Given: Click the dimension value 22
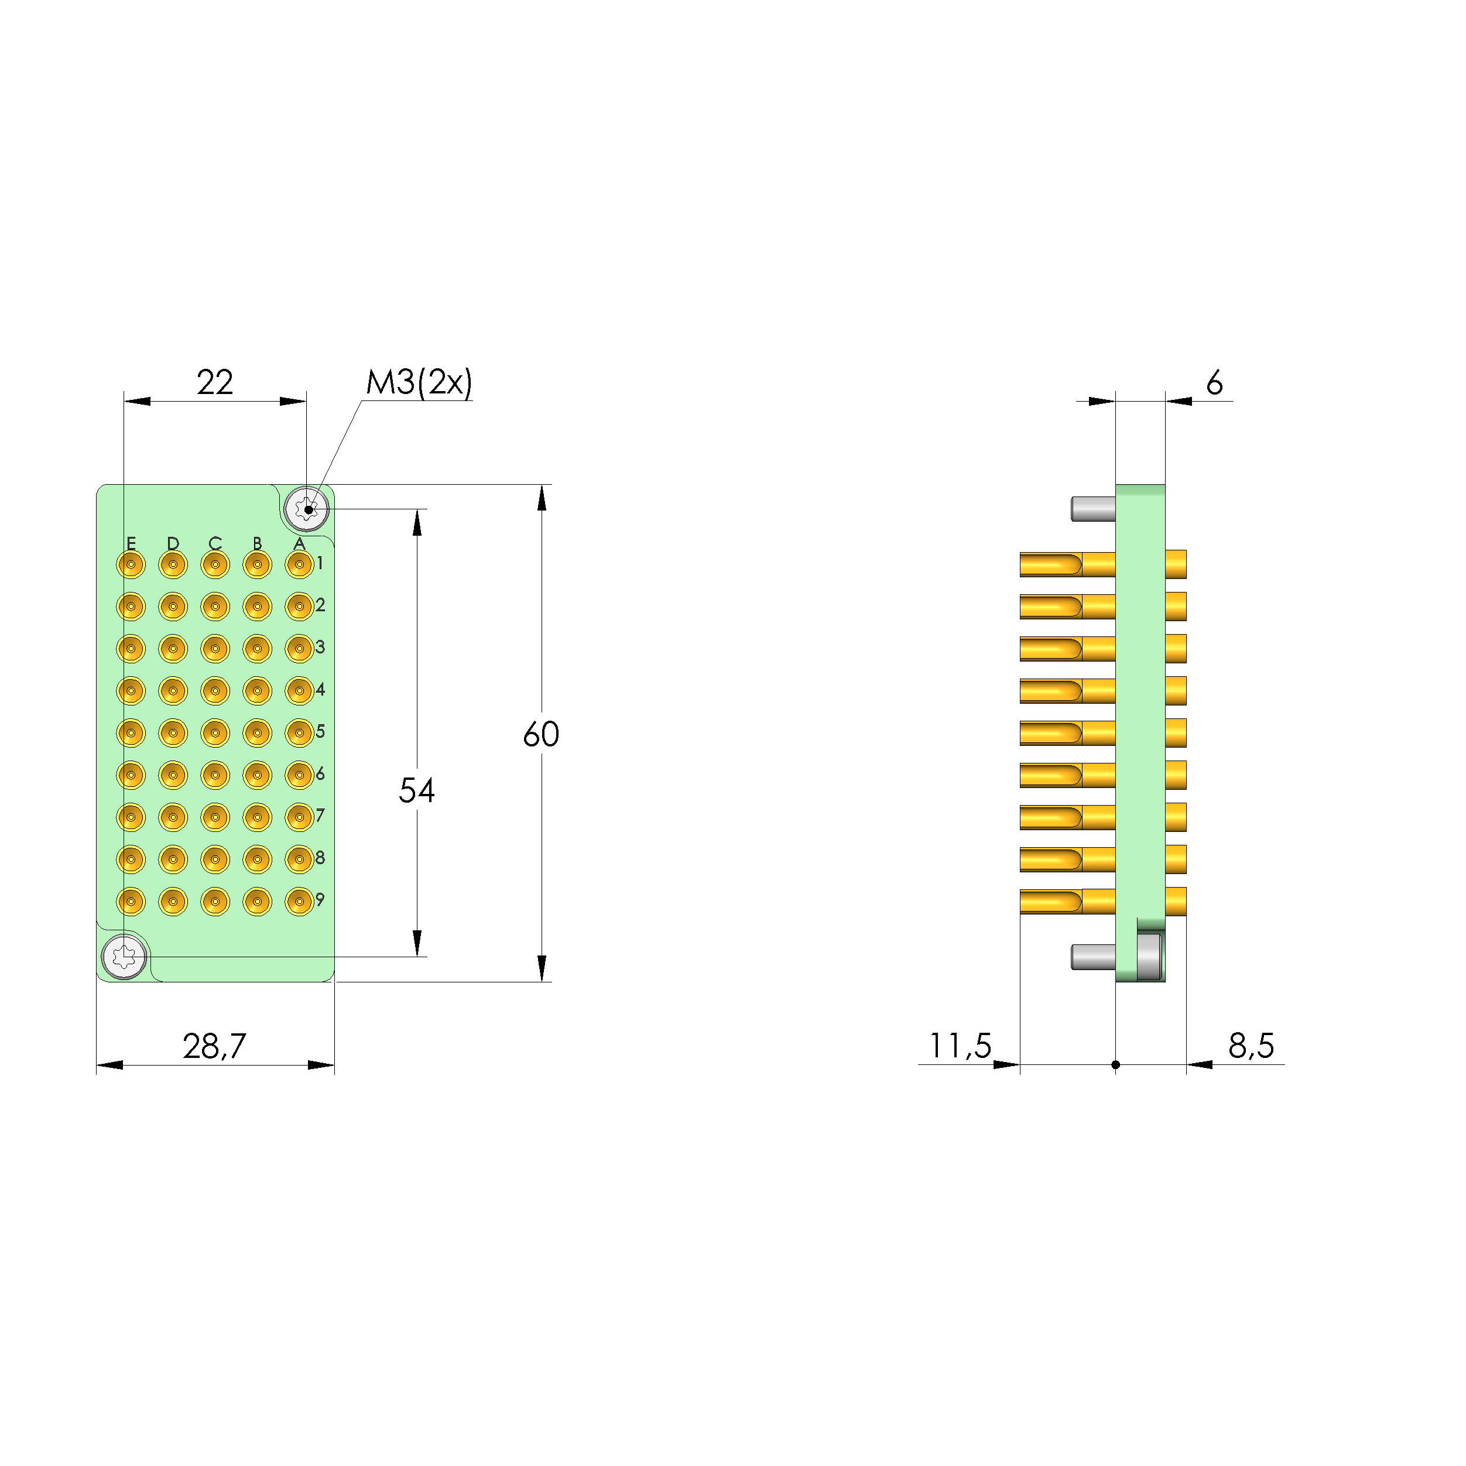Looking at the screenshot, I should (215, 382).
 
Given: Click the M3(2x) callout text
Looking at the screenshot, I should (419, 382).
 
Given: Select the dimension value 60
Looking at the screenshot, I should (540, 735).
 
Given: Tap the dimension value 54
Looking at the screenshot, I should (417, 791).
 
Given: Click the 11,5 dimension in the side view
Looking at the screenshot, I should (960, 1046).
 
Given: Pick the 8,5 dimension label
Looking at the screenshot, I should (1251, 1046).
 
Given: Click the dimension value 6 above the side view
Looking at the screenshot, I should (1214, 383).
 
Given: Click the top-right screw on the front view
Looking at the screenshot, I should (307, 508).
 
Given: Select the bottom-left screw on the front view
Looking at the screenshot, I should (124, 957).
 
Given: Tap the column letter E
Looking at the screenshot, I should (131, 543).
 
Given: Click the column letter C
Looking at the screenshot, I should (215, 543).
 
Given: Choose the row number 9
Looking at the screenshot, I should (320, 900).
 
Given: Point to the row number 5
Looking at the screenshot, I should (320, 731).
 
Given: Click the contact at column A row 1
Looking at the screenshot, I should (299, 564).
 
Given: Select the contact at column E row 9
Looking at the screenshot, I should (131, 902).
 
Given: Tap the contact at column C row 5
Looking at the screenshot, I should (215, 733).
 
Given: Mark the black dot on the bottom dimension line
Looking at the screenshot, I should (1115, 1064).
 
